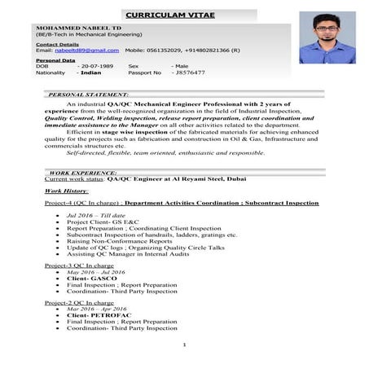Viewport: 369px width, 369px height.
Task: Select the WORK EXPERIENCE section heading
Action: pyautogui.click(x=84, y=174)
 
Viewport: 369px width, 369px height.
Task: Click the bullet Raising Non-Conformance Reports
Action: pyautogui.click(x=119, y=241)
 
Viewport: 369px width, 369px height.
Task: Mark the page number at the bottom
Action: pyautogui.click(x=185, y=345)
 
